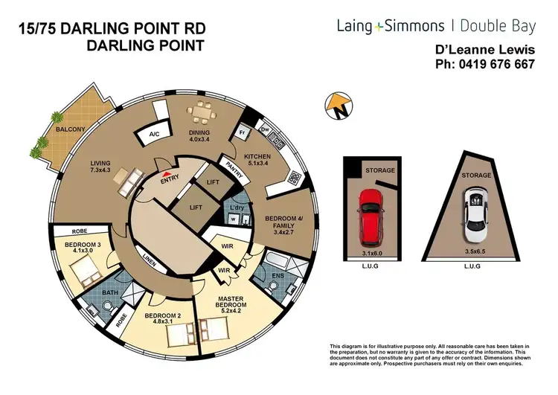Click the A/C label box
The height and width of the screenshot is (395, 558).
pos(155,135)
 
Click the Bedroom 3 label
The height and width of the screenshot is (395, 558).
pos(80,246)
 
